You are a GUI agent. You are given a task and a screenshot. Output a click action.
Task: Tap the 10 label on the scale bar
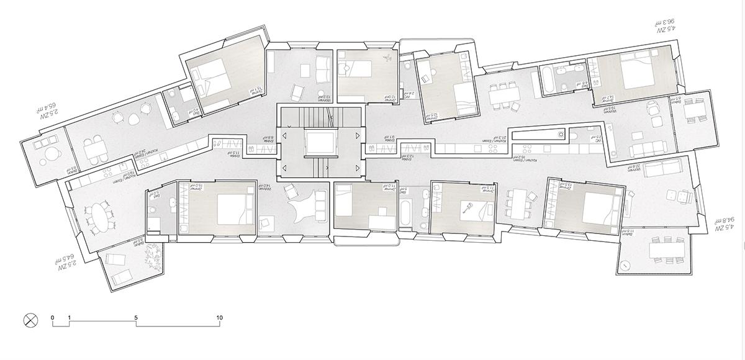click(219, 318)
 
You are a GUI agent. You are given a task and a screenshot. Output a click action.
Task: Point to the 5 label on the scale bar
click(136, 318)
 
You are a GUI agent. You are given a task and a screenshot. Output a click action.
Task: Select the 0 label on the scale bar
click(53, 318)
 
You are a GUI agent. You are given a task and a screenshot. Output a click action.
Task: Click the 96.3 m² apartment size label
click(666, 24)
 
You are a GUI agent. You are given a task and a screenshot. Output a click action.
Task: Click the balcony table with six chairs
click(667, 250)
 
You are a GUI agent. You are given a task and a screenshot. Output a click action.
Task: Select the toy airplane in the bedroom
click(386, 60)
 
